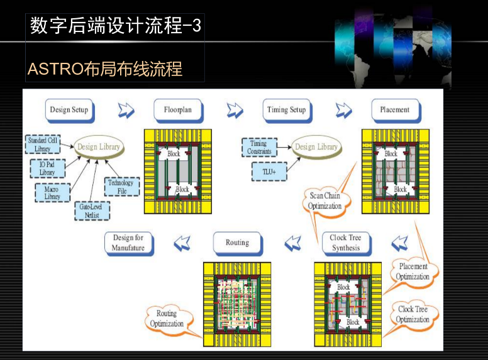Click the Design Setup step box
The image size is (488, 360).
click(x=69, y=111)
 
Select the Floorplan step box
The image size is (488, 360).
click(x=178, y=111)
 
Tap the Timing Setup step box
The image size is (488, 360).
click(x=286, y=111)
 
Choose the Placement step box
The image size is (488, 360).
click(x=394, y=111)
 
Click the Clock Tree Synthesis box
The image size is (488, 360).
click(x=346, y=243)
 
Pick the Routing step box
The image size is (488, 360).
click(x=237, y=243)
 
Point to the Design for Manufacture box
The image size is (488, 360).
click(x=128, y=243)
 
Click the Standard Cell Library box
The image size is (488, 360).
click(x=42, y=144)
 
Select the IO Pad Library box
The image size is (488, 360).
click(x=47, y=168)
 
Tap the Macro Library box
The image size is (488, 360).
click(x=52, y=193)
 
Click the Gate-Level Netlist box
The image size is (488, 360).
click(x=92, y=210)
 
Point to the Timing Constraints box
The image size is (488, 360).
click(x=258, y=148)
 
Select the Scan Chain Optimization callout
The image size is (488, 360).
click(x=325, y=201)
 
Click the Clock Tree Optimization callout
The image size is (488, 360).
click(x=413, y=314)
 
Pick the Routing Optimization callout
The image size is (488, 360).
click(x=167, y=319)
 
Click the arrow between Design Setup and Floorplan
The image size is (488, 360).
click(x=126, y=111)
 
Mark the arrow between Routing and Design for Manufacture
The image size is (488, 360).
click(x=182, y=243)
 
